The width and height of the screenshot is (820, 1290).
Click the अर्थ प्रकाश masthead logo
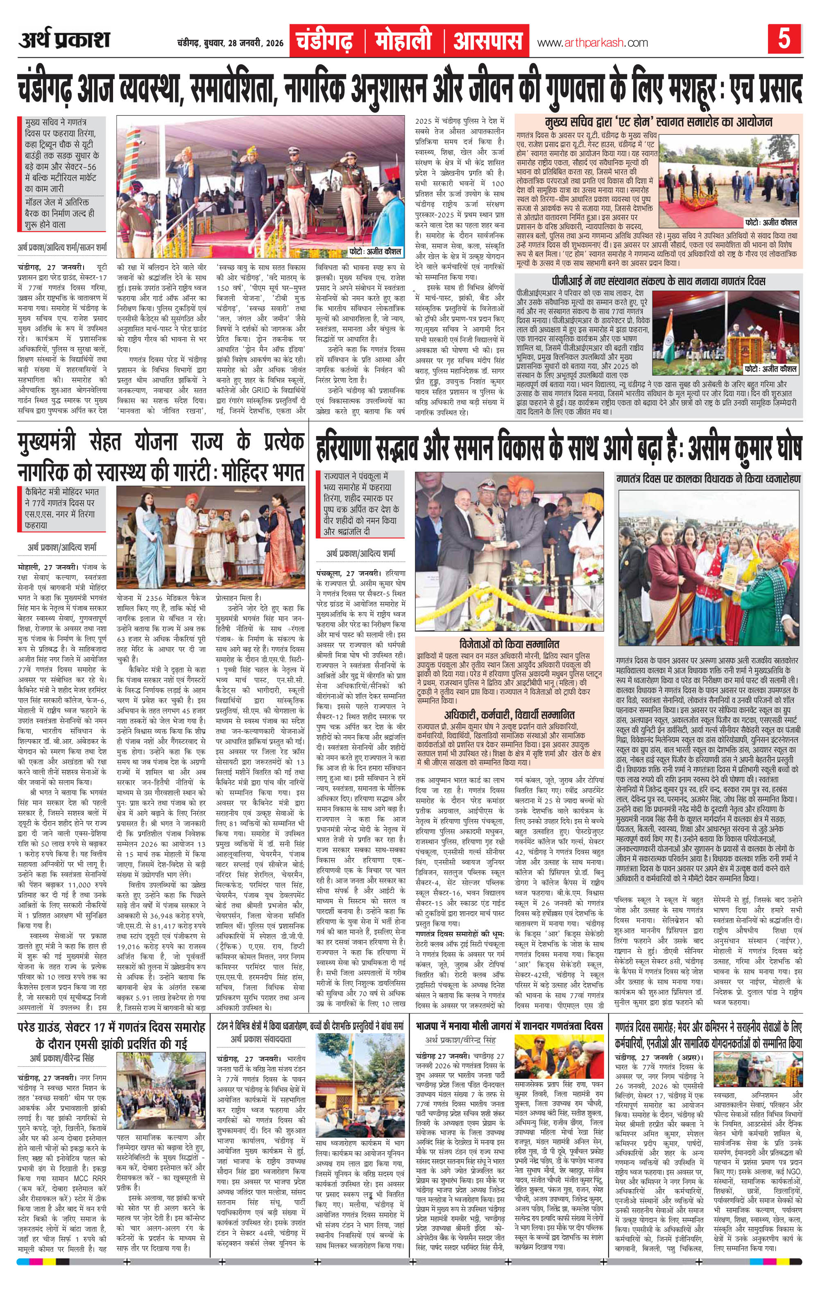pyautogui.click(x=64, y=40)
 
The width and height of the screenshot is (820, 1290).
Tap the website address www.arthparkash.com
pyautogui.click(x=592, y=43)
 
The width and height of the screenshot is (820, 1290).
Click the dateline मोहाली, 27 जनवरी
pyautogui.click(x=47, y=567)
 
